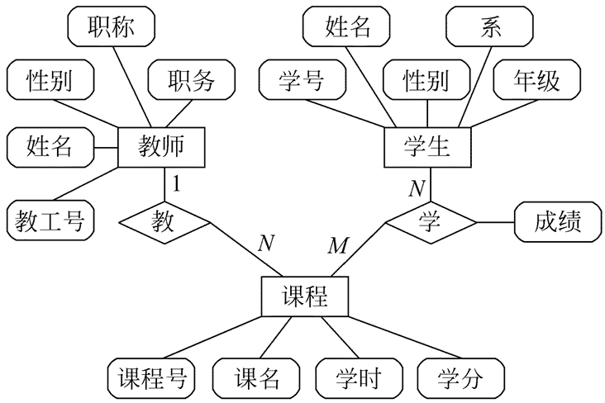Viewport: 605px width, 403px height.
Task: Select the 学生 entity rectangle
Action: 427,148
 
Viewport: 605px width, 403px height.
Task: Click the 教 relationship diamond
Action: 165,221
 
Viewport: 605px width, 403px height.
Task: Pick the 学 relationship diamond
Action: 427,221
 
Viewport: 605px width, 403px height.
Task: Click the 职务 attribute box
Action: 191,80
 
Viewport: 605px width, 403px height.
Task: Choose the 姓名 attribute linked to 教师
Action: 50,148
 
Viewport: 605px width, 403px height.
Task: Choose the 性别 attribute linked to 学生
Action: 426,80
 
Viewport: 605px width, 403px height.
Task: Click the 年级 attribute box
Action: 536,80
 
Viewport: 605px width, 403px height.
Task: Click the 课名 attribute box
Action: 256,379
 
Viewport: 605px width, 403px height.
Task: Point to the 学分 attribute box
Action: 460,379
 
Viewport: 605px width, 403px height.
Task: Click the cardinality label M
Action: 339,245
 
